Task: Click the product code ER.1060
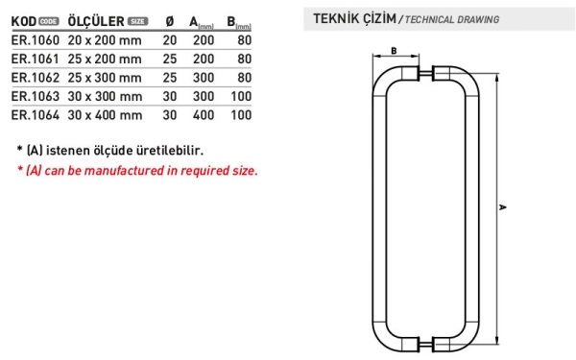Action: tap(36, 40)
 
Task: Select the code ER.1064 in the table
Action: tap(36, 115)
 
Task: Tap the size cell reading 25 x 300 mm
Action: tap(105, 78)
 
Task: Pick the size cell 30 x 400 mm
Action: tap(105, 115)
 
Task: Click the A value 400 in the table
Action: tap(204, 115)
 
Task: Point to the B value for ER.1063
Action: tap(241, 96)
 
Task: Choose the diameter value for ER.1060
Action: tap(170, 40)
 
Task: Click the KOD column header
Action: tap(24, 21)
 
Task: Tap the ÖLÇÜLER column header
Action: tap(96, 21)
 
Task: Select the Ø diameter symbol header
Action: tap(170, 22)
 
